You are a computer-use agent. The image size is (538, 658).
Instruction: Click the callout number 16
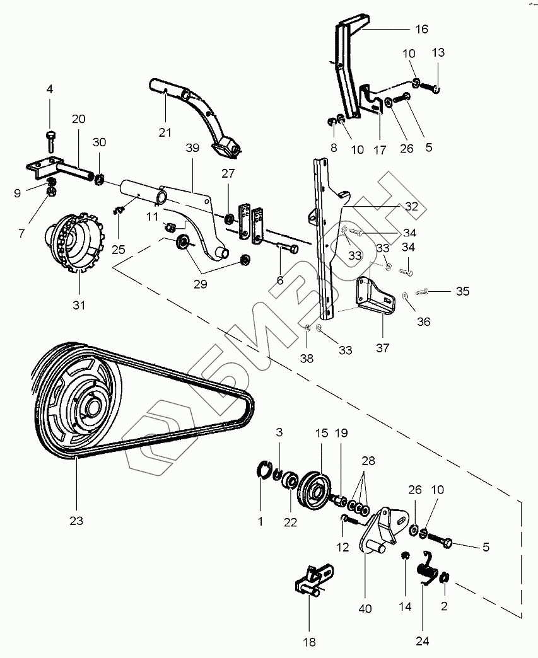click(x=421, y=29)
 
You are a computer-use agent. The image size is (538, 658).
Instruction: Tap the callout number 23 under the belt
click(x=77, y=521)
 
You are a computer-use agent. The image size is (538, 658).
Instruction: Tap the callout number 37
click(x=383, y=347)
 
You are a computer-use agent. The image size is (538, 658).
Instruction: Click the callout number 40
click(x=365, y=609)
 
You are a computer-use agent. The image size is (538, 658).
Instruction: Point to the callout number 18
click(x=309, y=642)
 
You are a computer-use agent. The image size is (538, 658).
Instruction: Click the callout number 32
click(x=411, y=206)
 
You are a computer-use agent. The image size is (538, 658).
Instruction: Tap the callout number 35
click(x=463, y=291)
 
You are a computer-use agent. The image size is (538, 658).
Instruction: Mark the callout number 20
click(x=78, y=118)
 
